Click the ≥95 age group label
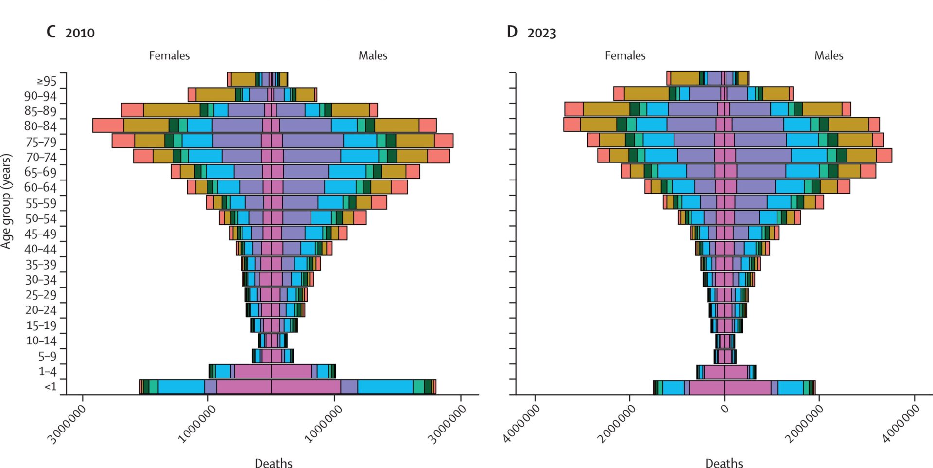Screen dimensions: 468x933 (47, 81)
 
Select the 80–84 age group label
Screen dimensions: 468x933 (41, 126)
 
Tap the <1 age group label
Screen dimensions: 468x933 (51, 387)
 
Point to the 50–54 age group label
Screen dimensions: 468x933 (41, 219)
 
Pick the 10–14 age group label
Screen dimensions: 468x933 (41, 341)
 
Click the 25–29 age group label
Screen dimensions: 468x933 (41, 295)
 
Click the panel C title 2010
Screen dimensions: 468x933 (80, 33)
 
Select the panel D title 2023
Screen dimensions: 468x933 (541, 33)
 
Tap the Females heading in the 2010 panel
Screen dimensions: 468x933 (169, 56)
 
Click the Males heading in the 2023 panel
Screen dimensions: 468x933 (829, 56)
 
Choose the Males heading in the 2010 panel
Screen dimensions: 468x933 (373, 56)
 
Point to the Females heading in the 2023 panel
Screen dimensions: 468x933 (625, 56)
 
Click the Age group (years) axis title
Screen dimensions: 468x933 (6, 201)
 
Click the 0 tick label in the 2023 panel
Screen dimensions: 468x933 (725, 409)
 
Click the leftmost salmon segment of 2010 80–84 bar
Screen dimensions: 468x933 (108, 126)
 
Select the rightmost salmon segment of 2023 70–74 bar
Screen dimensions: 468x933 (884, 156)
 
